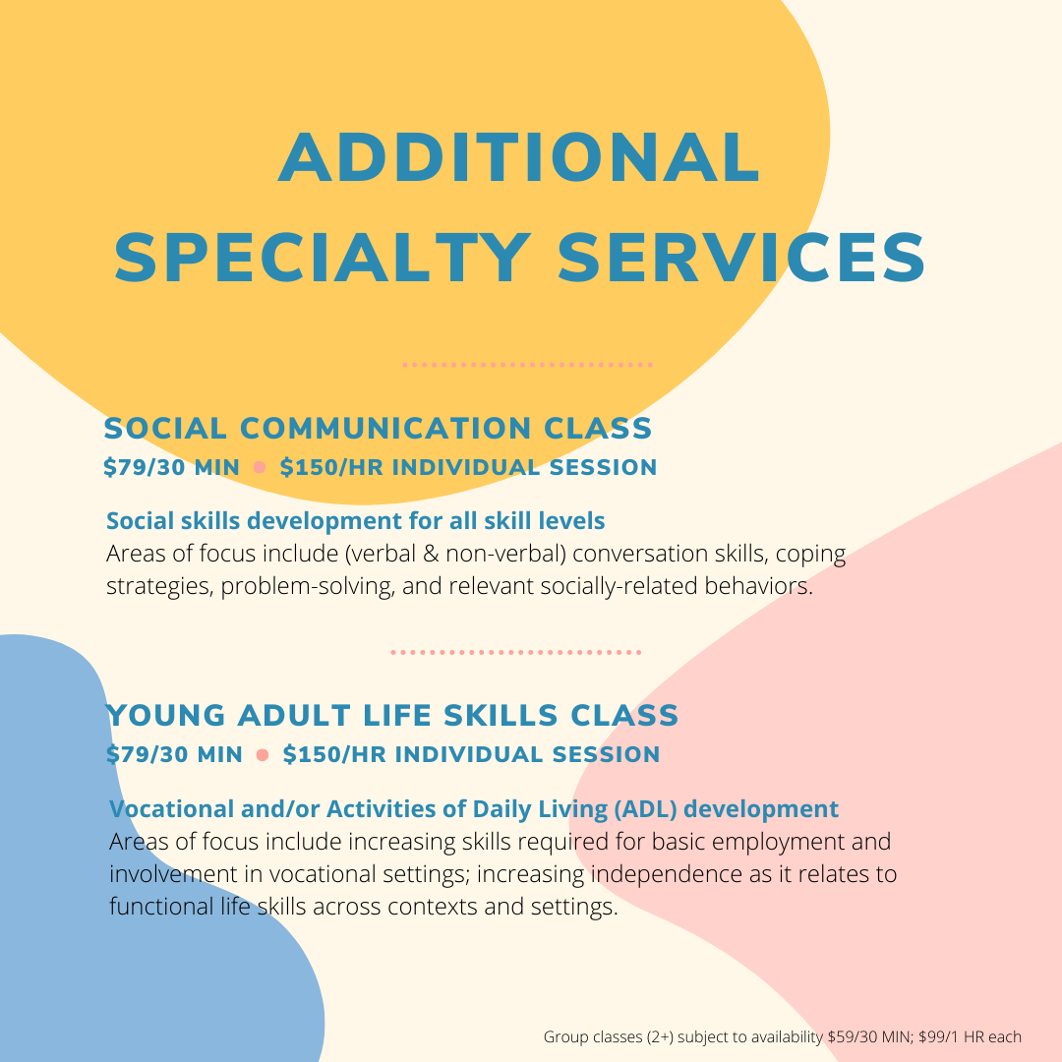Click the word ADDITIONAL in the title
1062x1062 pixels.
(519, 157)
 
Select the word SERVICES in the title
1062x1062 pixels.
(741, 258)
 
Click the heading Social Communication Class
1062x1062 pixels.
(378, 428)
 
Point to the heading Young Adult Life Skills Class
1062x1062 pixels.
(392, 715)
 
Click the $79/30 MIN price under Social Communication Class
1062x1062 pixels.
(171, 467)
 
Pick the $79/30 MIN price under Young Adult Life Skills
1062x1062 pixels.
(174, 754)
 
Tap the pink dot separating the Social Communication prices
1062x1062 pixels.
(260, 467)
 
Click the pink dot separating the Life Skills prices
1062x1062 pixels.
(263, 754)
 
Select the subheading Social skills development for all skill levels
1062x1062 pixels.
(356, 521)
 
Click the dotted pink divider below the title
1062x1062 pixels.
(527, 365)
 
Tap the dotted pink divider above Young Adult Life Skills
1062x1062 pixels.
(516, 652)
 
